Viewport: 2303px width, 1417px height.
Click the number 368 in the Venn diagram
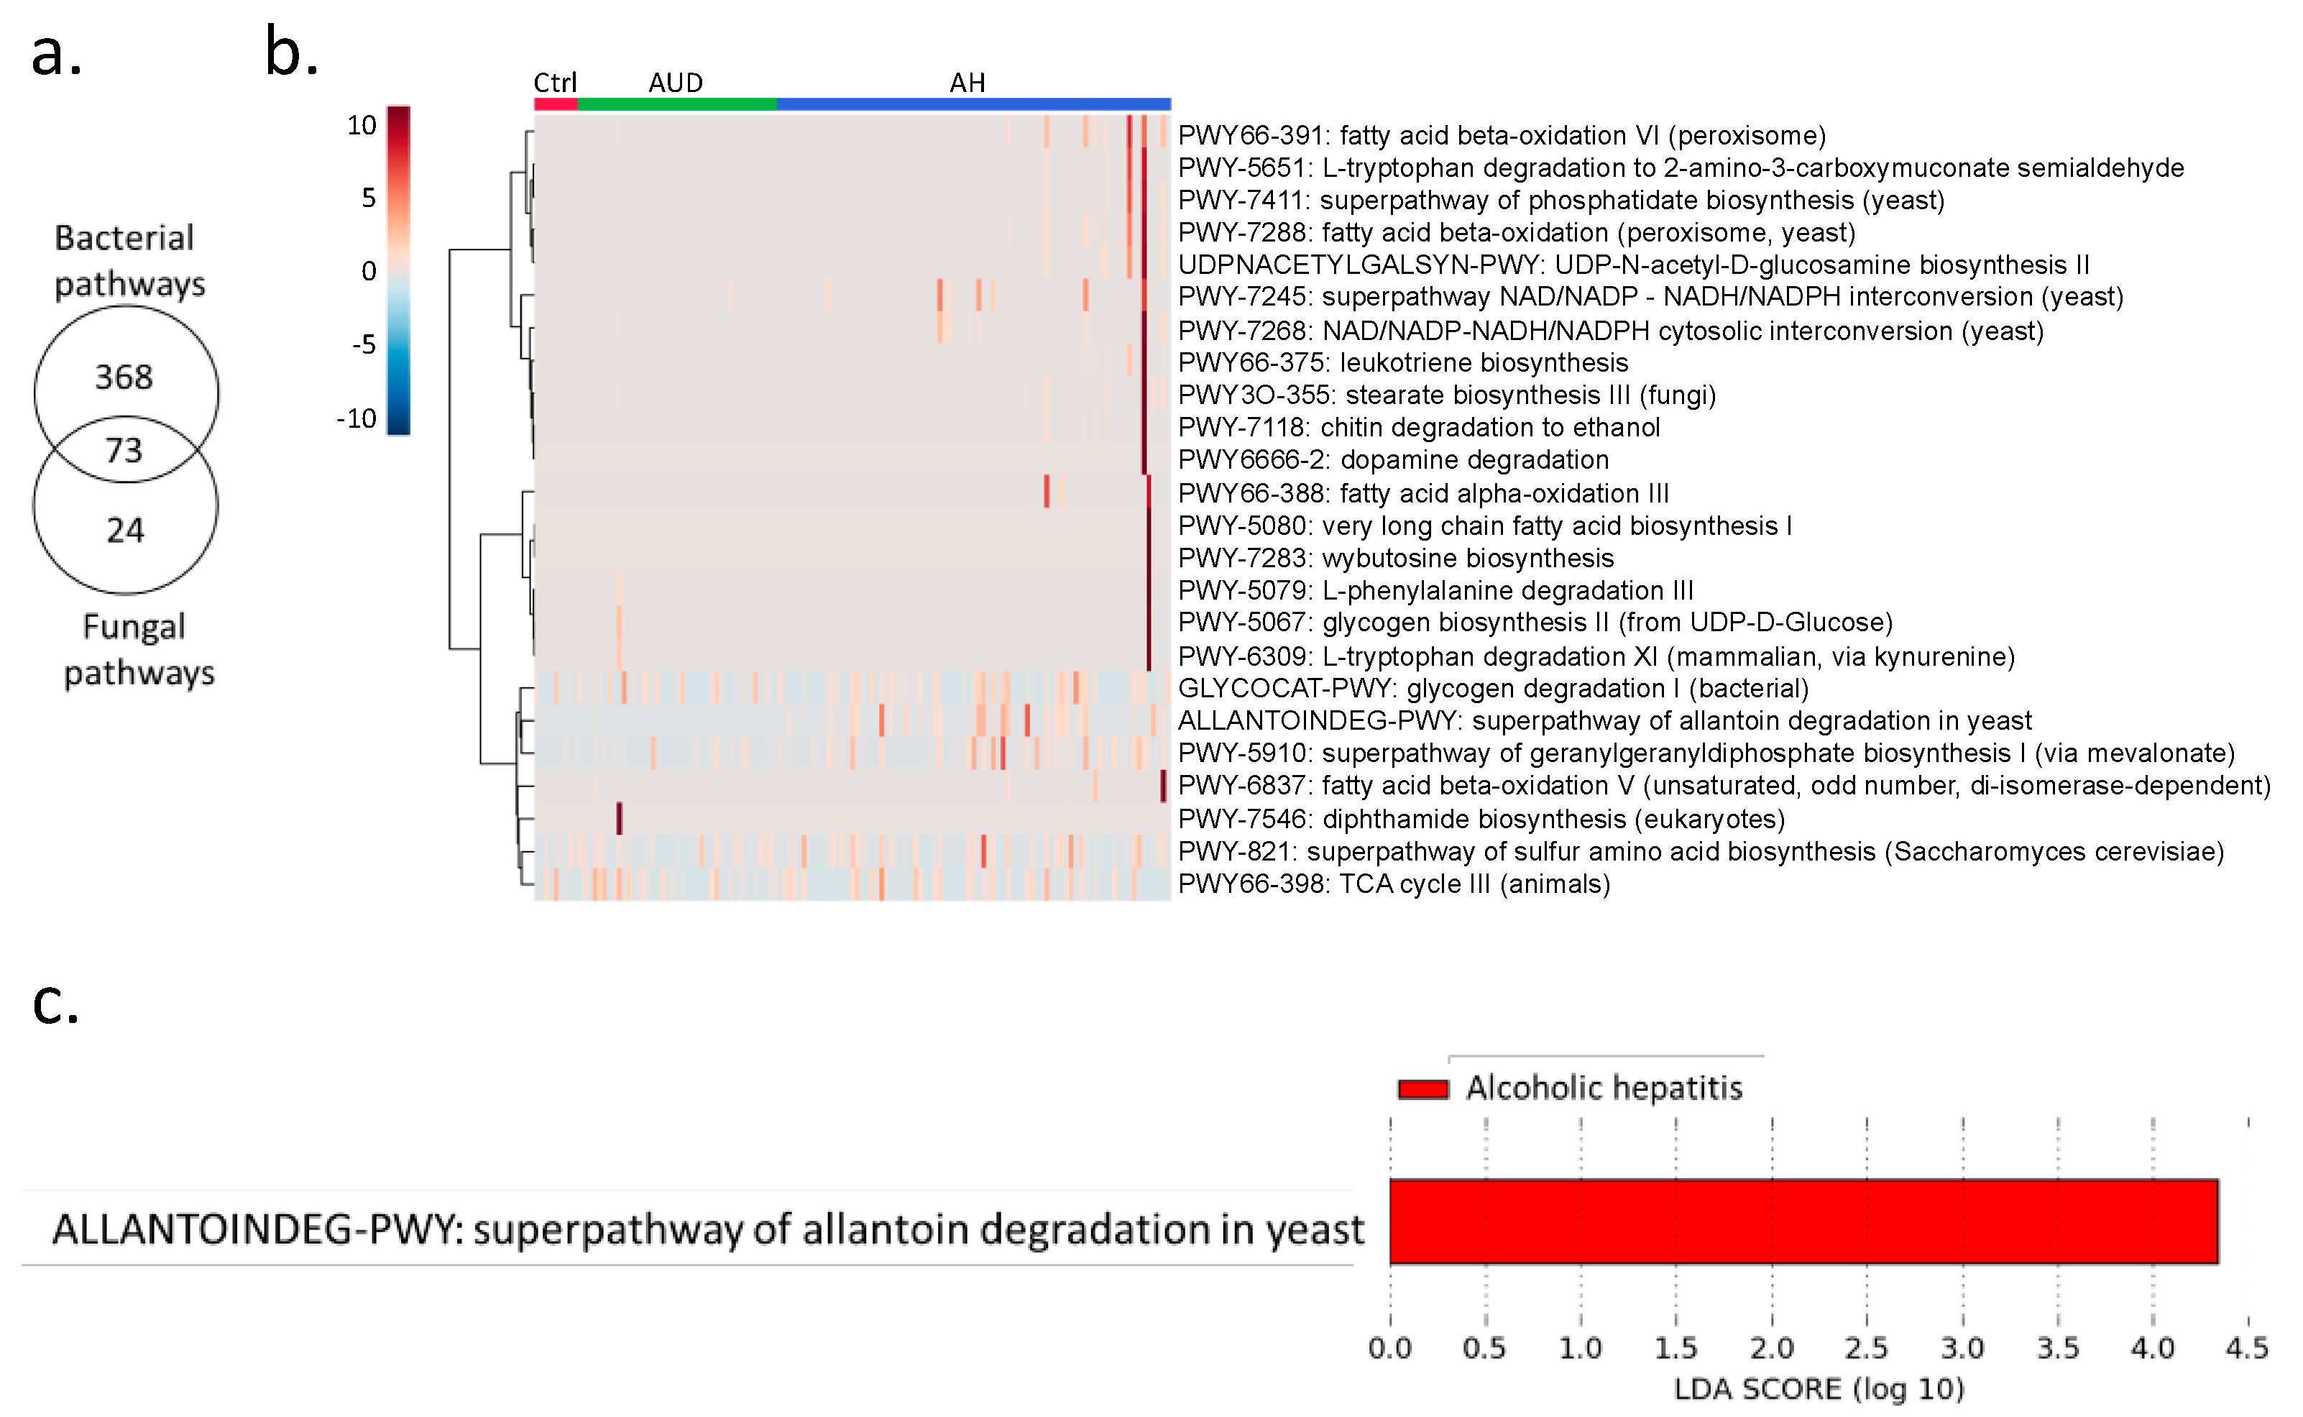(124, 377)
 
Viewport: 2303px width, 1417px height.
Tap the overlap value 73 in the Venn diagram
(124, 451)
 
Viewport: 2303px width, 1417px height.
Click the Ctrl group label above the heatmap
(555, 83)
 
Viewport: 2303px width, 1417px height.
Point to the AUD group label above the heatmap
(676, 83)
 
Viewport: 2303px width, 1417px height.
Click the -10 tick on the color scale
(356, 418)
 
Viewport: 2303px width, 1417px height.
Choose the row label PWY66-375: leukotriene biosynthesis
(1402, 362)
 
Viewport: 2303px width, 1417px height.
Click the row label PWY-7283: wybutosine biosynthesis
(1395, 559)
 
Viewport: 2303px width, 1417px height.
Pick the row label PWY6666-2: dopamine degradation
(1392, 460)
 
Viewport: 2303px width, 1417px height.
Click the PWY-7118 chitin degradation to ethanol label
(1418, 427)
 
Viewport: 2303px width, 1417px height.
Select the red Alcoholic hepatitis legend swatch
(1422, 1089)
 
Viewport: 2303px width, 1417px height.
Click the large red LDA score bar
(1803, 1221)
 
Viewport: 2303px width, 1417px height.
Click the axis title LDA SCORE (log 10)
(1819, 1389)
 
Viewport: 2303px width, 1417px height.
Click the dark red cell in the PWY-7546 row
(620, 818)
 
